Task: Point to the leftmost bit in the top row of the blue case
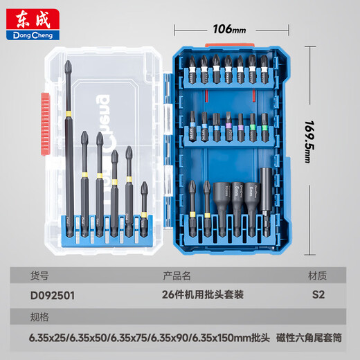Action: click(x=190, y=73)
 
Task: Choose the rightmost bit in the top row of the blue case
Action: click(x=265, y=73)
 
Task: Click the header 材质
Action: click(x=318, y=276)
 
